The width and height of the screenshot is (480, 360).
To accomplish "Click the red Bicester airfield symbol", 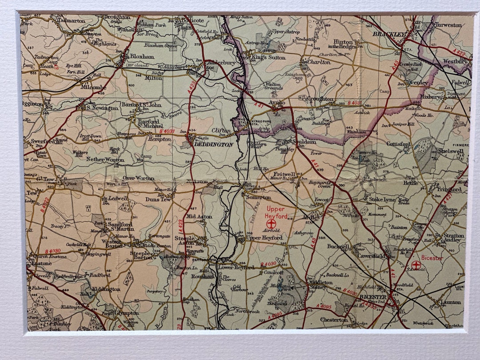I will point(416,265).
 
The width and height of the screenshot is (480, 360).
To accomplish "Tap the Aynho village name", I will point(277,102).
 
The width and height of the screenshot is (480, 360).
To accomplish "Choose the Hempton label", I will point(159,139).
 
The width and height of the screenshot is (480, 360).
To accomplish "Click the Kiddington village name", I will point(107,289).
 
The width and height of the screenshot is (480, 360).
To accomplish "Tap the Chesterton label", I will point(334,320).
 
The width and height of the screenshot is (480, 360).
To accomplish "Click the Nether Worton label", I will point(105,159).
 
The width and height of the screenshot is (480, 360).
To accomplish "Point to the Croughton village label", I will point(320,99).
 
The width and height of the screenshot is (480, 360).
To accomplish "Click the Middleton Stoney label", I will point(320,285).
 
